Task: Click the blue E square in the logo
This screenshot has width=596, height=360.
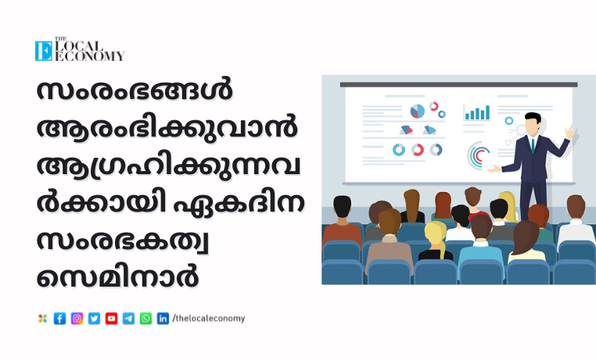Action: click(44, 51)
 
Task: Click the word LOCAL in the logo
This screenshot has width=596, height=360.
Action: click(79, 46)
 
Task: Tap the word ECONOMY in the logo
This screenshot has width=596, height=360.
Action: click(90, 56)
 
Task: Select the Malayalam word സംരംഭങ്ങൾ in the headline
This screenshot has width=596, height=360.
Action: click(135, 91)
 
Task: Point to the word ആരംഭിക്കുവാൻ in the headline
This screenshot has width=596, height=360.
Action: click(167, 127)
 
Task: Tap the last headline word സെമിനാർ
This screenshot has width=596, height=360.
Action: click(118, 276)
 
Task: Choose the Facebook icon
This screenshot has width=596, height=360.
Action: click(59, 319)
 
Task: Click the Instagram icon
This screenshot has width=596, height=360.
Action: click(77, 319)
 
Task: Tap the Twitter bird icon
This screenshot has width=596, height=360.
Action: click(95, 319)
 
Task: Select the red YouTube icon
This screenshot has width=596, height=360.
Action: click(111, 319)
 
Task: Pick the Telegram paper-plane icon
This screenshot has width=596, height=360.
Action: click(128, 319)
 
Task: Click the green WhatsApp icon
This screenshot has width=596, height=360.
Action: click(145, 319)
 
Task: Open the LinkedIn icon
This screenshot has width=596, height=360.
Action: click(163, 319)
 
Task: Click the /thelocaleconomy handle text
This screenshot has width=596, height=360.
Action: click(209, 319)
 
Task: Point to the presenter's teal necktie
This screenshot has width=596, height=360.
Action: click(533, 145)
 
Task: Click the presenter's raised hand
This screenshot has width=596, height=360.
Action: click(569, 131)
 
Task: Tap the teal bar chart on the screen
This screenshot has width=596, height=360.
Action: click(477, 112)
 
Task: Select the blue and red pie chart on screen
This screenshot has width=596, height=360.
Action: click(418, 111)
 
